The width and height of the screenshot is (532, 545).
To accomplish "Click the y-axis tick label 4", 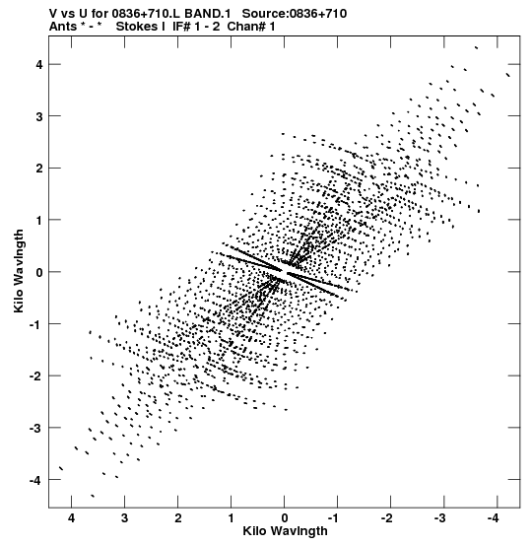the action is click(38, 65).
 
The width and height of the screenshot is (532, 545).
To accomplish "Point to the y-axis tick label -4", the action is click(35, 480).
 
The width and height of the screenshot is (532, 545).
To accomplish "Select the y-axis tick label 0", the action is click(38, 272).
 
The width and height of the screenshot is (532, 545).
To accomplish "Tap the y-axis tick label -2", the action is click(35, 376).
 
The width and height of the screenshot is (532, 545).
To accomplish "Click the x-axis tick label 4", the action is click(71, 518).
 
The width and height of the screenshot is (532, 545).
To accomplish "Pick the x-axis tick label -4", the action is click(494, 518).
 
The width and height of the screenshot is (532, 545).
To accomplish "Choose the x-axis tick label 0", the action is click(285, 518).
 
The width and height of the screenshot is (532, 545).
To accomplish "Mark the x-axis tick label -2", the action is click(387, 518).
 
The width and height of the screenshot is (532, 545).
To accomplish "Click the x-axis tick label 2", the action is click(178, 518).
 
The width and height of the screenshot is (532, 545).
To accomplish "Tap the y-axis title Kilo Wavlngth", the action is click(19, 271).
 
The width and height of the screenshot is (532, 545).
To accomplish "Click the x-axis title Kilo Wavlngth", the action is click(285, 531).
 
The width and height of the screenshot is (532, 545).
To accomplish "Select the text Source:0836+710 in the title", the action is click(295, 14).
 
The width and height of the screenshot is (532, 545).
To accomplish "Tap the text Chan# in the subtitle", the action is click(246, 27).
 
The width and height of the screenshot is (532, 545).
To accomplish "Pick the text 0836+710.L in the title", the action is click(146, 14).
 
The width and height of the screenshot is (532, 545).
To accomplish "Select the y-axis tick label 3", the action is click(38, 116).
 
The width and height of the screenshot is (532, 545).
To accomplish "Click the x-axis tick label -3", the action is click(440, 518).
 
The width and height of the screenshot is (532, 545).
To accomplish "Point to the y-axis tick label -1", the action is click(35, 324).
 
